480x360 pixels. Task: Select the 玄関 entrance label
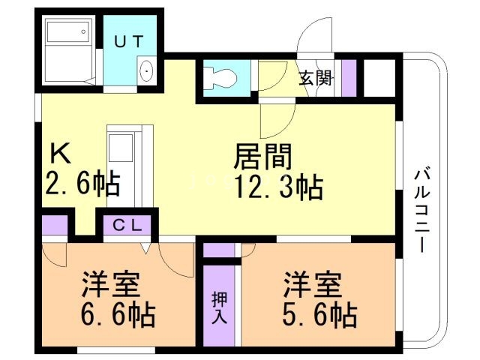(315, 77)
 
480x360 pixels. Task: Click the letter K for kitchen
(59, 154)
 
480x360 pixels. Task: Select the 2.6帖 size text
(82, 184)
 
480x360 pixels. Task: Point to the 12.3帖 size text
(279, 186)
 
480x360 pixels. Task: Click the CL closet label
(126, 223)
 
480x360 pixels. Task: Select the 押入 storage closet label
(215, 305)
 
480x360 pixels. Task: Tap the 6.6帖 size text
(117, 314)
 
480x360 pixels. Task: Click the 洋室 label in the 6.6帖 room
(112, 286)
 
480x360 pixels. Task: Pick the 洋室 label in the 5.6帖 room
(313, 285)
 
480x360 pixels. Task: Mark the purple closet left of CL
(54, 224)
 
